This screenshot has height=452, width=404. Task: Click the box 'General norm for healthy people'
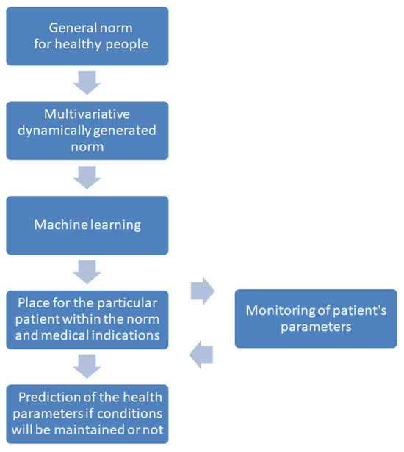87,36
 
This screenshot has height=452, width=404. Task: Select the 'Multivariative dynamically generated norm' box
87,131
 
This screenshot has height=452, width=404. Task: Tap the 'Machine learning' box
87,225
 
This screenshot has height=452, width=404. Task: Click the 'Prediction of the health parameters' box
87,413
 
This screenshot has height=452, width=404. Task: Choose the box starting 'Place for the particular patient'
87,318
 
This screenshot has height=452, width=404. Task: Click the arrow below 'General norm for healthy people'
87,83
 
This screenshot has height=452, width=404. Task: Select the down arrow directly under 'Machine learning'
87,271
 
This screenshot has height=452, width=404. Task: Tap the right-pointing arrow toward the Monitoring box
202,292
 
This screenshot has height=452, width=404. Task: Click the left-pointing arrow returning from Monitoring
201,355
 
